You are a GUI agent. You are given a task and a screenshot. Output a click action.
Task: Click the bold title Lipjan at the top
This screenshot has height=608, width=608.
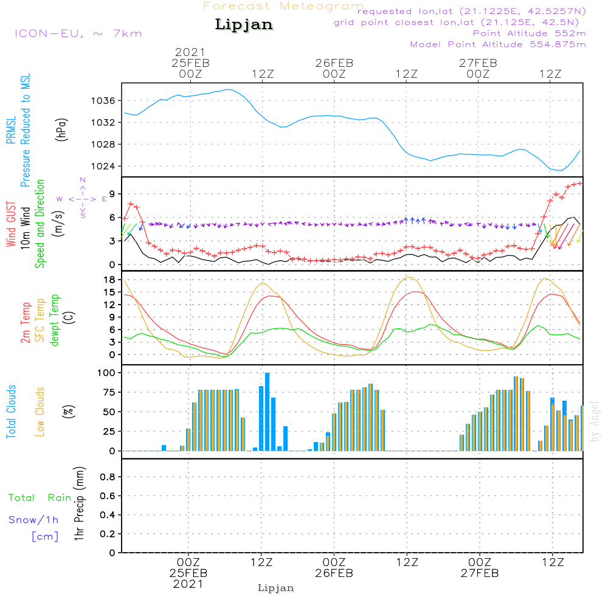point(244,24)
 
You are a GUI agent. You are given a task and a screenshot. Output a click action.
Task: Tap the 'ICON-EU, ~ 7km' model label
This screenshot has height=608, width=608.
point(78,33)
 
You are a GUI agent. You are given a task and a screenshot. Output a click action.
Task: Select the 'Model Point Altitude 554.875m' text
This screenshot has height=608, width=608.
point(498,44)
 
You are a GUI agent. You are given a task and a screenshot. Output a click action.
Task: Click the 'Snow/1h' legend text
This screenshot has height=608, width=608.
point(33,520)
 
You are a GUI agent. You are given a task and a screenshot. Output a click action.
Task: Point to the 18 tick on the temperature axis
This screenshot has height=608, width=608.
point(109,280)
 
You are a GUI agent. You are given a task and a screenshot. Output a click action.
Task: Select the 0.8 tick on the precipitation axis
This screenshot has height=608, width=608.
point(108,477)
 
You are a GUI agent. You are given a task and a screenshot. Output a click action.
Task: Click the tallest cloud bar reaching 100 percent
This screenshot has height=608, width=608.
point(268,412)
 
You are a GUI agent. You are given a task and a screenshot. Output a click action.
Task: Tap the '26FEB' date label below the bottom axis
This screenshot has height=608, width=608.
point(334,573)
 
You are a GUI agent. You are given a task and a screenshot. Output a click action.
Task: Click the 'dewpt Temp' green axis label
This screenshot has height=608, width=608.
point(55,320)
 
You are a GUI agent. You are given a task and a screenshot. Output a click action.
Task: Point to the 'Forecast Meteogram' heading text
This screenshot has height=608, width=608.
point(283,6)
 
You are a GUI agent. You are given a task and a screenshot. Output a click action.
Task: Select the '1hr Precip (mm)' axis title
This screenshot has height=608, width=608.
point(78,505)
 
